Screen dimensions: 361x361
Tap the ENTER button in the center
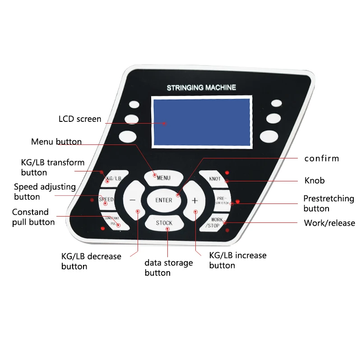click(x=163, y=200)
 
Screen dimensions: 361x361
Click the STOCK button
click(x=164, y=222)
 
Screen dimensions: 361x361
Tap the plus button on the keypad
click(x=195, y=200)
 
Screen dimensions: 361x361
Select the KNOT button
click(x=214, y=179)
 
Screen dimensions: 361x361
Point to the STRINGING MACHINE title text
click(x=201, y=88)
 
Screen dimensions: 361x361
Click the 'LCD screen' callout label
click(x=80, y=119)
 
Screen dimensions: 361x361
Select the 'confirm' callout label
click(x=321, y=158)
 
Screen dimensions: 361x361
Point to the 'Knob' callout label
click(x=315, y=180)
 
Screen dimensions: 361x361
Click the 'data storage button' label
click(x=168, y=268)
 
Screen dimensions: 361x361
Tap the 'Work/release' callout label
click(x=329, y=223)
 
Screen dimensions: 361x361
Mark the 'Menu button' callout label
click(x=56, y=142)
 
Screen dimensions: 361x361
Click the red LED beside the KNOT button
click(x=227, y=172)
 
